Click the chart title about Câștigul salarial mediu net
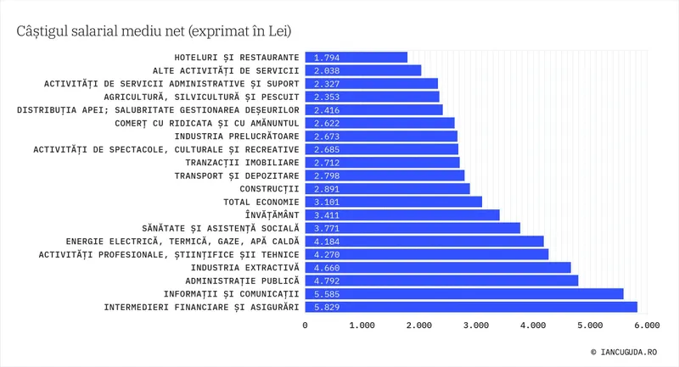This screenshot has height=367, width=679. click(x=154, y=31)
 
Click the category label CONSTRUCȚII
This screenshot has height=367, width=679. click(x=270, y=189)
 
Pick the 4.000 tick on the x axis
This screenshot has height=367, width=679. click(x=532, y=325)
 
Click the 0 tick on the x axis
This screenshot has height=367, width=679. click(x=306, y=325)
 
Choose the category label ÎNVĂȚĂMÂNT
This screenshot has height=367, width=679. click(x=272, y=215)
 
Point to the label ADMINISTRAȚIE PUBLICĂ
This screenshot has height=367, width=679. click(x=243, y=281)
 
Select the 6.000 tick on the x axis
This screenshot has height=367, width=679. click(x=647, y=325)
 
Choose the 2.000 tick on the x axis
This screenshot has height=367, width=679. click(x=418, y=325)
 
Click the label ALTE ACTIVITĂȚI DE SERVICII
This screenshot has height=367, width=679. click(x=226, y=70)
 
